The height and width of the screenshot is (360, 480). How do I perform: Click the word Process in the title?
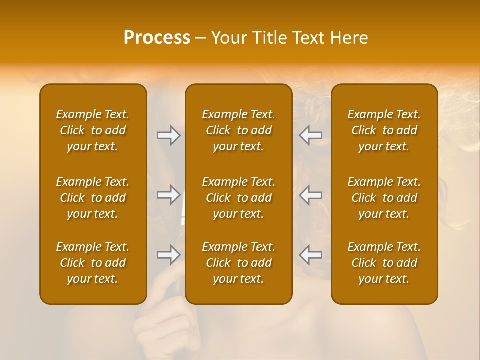click(157, 38)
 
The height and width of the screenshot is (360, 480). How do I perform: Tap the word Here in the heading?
click(349, 38)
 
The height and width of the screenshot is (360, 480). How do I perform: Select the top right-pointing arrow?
click(168, 135)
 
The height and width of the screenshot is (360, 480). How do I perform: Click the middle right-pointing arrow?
click(168, 194)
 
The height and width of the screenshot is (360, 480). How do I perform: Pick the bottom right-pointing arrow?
click(168, 255)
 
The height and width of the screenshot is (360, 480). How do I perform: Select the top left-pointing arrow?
click(311, 135)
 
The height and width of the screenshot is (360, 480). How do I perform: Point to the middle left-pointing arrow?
click(311, 194)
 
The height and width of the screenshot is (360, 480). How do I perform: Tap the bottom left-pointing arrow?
click(311, 255)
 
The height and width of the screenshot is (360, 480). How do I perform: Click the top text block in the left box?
click(93, 130)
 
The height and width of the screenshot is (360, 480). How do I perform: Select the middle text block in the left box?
click(93, 198)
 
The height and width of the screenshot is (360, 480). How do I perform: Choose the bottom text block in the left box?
click(93, 263)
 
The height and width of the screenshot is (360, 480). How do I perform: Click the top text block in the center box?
click(239, 130)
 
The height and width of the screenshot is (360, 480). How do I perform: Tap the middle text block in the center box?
click(239, 198)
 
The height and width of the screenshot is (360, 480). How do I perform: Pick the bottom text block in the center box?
click(239, 263)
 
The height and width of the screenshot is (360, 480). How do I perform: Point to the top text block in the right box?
click(384, 130)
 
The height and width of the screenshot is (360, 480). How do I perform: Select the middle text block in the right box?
click(384, 198)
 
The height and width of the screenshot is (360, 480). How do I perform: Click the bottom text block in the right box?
click(384, 263)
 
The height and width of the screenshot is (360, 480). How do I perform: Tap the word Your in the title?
click(228, 38)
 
